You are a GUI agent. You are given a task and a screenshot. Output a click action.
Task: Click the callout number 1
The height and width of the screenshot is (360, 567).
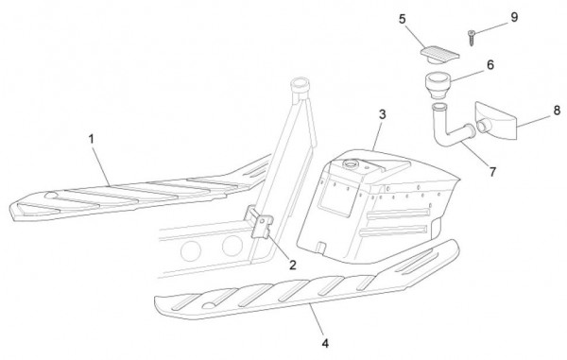pos(92,139)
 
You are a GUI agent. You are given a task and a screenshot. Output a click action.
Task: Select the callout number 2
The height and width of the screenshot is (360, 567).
pos(293,265)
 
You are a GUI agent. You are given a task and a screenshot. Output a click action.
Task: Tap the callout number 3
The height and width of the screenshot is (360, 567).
pos(382,114)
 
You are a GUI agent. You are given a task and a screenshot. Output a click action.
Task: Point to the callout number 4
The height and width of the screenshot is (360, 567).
pos(325,343)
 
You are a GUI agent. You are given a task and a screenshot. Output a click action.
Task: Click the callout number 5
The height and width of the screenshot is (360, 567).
pos(403,19)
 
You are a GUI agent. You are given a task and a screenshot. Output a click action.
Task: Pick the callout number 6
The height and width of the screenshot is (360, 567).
pos(490,65)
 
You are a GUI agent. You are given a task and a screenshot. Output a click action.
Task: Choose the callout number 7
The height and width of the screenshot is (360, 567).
pos(492,172)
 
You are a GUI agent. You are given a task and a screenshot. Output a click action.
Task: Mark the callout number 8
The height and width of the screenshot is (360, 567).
pos(557,111)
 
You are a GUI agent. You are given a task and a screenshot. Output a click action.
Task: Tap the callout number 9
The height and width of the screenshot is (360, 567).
pos(514,17)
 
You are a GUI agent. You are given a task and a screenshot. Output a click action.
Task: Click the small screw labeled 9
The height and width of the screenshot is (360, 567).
pos(471,38)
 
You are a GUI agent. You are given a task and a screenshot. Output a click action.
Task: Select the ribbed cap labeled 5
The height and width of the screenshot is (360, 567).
pos(439,56)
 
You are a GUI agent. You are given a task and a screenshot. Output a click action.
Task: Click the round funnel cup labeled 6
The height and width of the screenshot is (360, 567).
pos(438,85)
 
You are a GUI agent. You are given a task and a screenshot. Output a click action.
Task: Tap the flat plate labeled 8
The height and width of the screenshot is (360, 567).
pos(496,120)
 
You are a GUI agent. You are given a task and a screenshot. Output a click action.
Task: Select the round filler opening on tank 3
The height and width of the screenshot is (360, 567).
pos(351,164)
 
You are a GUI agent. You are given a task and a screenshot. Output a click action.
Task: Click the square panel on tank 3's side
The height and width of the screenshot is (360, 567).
pos(335,197)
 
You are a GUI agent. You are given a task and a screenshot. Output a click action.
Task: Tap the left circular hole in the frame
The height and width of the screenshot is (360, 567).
pos(191,250)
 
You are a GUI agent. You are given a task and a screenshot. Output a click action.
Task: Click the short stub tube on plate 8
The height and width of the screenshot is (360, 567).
pos(483,127)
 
